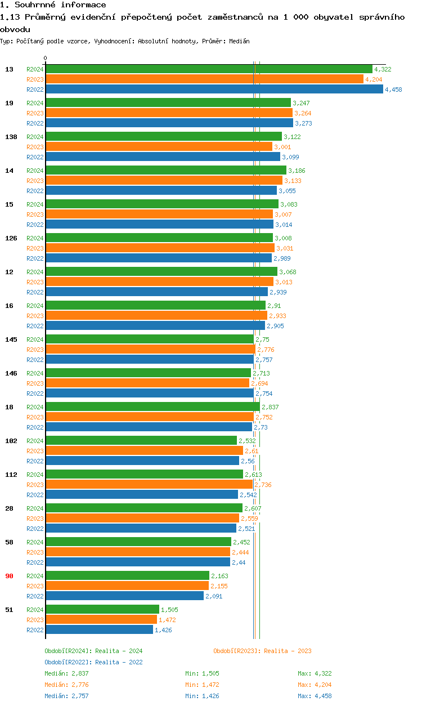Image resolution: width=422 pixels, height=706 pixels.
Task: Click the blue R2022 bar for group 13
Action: (x=214, y=89)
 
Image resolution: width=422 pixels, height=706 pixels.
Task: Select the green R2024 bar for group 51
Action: (x=102, y=609)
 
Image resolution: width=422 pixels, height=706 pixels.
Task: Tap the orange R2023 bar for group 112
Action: (x=149, y=484)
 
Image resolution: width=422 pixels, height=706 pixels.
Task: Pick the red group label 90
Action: (x=9, y=576)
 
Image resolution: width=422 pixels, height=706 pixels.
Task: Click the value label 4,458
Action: (x=393, y=90)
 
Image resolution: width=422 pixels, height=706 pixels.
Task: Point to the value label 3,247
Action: (x=301, y=103)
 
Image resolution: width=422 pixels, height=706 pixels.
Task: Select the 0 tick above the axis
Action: (x=46, y=58)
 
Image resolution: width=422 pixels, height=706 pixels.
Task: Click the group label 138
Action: (x=11, y=137)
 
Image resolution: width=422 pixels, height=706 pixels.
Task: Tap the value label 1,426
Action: (x=163, y=630)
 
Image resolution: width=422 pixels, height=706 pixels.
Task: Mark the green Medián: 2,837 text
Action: (x=66, y=673)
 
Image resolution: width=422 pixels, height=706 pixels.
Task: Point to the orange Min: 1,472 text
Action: (x=202, y=685)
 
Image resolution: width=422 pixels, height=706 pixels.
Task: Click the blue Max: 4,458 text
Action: (x=315, y=696)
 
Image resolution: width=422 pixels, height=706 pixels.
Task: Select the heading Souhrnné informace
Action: (x=60, y=5)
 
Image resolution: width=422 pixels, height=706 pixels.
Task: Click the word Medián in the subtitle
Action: (x=239, y=41)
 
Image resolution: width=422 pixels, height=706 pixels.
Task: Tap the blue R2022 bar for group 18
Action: (x=149, y=427)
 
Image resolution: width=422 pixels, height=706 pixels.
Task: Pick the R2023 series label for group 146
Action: (x=35, y=383)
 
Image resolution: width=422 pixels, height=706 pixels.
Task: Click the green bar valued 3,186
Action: (x=167, y=170)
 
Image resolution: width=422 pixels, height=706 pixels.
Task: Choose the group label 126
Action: (x=11, y=238)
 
